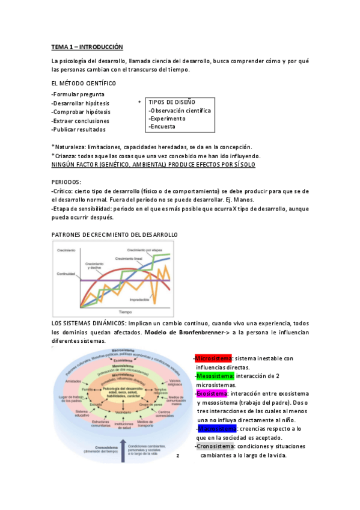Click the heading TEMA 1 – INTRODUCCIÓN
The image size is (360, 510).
coord(87,46)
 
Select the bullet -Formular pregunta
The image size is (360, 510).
coord(78,94)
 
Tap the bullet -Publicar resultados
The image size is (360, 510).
coord(79,129)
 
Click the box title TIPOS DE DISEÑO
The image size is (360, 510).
coord(171,102)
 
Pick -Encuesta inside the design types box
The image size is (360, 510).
coord(163,127)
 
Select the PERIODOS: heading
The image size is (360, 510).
coord(66,182)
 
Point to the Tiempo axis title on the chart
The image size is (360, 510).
coord(125,313)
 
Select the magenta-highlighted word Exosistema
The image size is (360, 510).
coord(212,393)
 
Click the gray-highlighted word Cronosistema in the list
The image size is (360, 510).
coord(215,446)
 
